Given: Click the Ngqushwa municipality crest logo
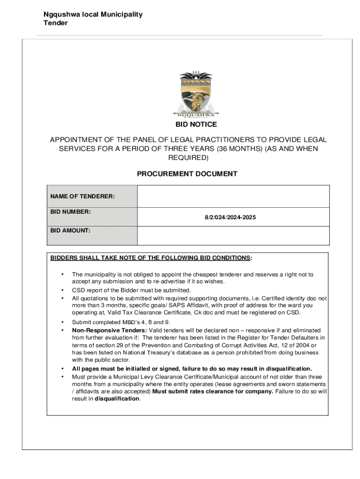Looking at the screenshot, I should pos(196,95).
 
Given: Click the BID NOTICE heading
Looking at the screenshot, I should pos(196,124).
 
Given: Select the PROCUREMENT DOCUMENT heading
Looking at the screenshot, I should pos(187,174).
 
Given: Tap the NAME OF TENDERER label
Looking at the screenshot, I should pos(83,196).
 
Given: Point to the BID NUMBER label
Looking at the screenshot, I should pos(71,212).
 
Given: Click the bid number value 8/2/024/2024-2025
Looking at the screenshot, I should pos(230,218).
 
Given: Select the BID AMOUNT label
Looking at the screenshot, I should pos(71,231).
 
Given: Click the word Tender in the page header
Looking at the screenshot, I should pos(56,22).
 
